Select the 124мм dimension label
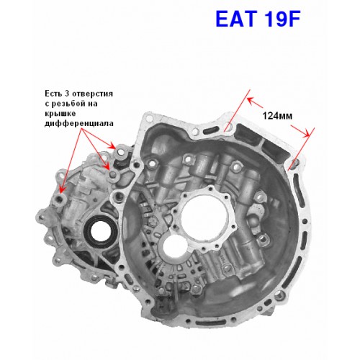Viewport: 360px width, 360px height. tap(277, 116)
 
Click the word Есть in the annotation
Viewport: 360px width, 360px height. tap(52, 93)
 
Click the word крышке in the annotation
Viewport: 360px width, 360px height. tap(60, 113)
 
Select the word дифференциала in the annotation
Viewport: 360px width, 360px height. tap(79, 123)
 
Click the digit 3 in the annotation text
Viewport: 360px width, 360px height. tap(66, 93)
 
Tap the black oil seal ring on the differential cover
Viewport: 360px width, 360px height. tap(101, 231)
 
